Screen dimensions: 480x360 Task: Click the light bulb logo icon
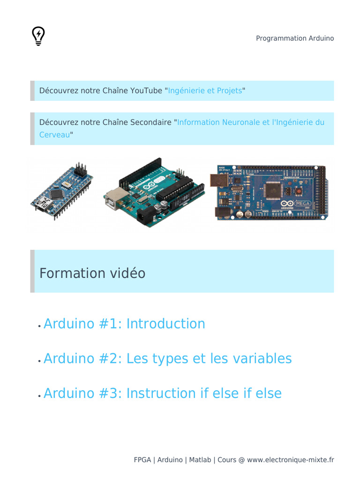click(38, 36)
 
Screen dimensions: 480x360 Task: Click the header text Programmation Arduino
click(295, 38)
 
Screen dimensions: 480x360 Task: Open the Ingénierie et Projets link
click(205, 90)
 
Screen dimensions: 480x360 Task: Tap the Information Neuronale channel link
click(251, 122)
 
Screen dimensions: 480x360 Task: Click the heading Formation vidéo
click(92, 273)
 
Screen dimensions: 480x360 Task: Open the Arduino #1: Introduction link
click(124, 324)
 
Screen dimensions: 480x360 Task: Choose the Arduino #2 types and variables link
click(167, 359)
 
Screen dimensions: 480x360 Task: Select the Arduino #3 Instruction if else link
click(162, 393)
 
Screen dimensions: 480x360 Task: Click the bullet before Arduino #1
click(39, 326)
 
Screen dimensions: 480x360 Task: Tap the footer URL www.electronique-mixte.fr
click(290, 460)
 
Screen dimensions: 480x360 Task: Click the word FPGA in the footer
click(142, 460)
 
